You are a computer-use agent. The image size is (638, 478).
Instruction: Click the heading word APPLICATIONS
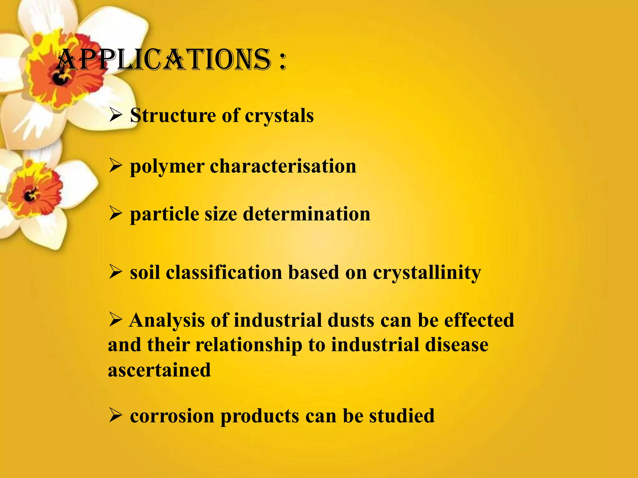[164, 60]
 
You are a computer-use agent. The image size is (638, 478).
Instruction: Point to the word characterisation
[283, 166]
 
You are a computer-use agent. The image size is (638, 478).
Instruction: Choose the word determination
[307, 214]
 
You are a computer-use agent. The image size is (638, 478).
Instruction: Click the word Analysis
[167, 321]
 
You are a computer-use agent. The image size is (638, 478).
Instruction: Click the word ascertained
[159, 370]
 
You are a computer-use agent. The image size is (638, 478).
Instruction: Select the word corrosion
[172, 416]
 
